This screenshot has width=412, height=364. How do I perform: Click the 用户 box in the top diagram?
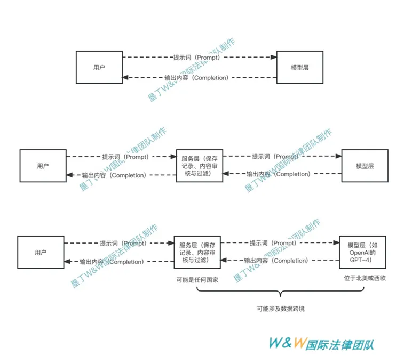[x=99, y=67]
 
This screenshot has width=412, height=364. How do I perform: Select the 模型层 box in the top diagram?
[x=299, y=67]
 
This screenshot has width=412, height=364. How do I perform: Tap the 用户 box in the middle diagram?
[x=43, y=166]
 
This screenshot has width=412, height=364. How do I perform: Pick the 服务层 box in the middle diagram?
[x=199, y=166]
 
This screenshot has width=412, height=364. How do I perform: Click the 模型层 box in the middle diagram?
[x=365, y=166]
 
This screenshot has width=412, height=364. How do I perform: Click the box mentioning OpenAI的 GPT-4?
[x=362, y=252]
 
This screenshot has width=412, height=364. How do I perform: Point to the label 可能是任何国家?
[x=197, y=279]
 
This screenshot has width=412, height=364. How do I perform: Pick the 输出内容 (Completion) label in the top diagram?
[x=196, y=78]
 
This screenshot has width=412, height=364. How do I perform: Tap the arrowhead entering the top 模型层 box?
[x=273, y=57]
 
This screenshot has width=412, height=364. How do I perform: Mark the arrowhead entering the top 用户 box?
[x=126, y=78]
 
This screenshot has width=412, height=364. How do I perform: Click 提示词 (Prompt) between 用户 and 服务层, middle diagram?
[x=125, y=157]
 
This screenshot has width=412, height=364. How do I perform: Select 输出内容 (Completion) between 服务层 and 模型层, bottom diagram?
[x=276, y=261]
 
